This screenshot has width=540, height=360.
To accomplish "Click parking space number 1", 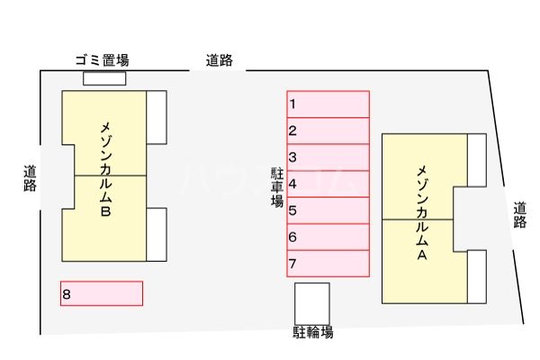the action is coord(328,103).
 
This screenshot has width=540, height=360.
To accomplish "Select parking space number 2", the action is coord(328,130).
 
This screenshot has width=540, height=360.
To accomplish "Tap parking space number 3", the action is coord(328,157).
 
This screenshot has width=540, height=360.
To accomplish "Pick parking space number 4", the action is coord(328,184).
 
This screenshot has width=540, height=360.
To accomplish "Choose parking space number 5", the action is coord(328,211).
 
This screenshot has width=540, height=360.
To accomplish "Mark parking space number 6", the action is coord(328,237).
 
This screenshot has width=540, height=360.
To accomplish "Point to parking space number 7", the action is coord(328,264).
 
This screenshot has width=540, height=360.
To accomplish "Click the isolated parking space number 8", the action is coord(101,293).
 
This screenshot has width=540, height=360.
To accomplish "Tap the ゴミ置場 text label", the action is coord(102,60).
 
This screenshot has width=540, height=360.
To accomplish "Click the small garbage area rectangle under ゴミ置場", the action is coord(104,78).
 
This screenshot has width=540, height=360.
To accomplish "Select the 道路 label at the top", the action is coord(219,60).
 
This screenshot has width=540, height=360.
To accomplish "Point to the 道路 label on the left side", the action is coord(31,177).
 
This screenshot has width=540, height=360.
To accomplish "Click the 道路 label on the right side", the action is coord(520,216).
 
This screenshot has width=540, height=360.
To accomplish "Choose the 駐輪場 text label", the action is coord(312,332).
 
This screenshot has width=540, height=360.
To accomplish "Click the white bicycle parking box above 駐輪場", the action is coord(312,302).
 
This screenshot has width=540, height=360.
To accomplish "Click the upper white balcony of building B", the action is coord(157,116).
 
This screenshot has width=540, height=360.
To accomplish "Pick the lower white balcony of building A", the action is coord(477,276).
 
